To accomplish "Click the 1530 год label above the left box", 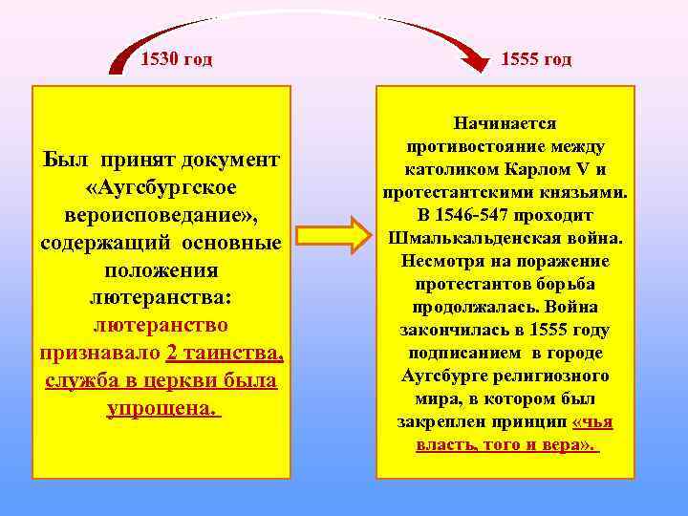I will (x=176, y=60).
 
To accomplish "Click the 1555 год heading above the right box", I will (x=536, y=60).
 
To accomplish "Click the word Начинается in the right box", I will (x=505, y=123).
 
